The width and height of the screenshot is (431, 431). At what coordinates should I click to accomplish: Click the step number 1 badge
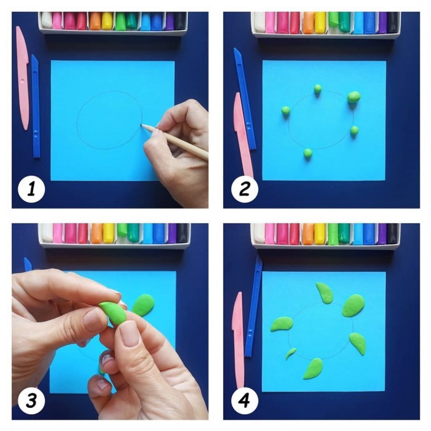point(31,189)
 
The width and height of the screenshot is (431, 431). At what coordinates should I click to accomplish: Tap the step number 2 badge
point(245,189)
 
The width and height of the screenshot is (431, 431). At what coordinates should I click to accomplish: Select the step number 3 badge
point(31,401)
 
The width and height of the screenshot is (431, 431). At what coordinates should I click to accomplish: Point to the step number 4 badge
point(245,401)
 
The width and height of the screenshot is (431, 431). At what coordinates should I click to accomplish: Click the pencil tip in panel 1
point(142,125)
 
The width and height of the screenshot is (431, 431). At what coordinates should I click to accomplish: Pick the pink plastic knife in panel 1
point(22,78)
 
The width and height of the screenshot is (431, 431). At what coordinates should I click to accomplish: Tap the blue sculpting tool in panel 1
point(36,107)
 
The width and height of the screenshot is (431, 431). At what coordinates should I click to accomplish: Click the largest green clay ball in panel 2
point(354,97)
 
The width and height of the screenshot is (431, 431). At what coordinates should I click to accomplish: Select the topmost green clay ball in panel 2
point(317,88)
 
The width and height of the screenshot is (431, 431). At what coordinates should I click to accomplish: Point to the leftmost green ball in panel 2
point(285,110)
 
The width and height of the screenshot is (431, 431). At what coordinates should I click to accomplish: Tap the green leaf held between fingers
point(113,313)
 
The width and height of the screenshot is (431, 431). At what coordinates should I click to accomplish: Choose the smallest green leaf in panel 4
point(290,354)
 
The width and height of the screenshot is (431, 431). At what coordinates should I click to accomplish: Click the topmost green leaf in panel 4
point(325,292)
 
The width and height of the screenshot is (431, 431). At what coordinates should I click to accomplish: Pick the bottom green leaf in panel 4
point(313,369)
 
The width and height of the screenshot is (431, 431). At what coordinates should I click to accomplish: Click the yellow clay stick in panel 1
point(107,21)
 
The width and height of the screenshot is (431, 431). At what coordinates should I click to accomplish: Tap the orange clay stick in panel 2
point(309,23)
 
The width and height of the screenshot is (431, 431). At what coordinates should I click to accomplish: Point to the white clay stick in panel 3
point(47,233)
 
